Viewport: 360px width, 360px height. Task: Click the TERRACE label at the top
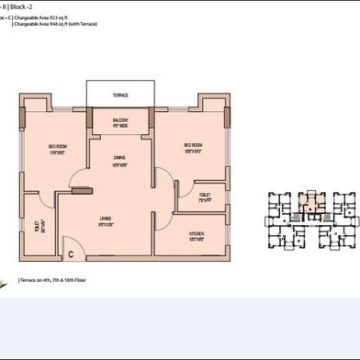tap(121, 95)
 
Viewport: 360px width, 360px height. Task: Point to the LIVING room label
tap(106, 219)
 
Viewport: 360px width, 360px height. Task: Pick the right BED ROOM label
tap(192, 146)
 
